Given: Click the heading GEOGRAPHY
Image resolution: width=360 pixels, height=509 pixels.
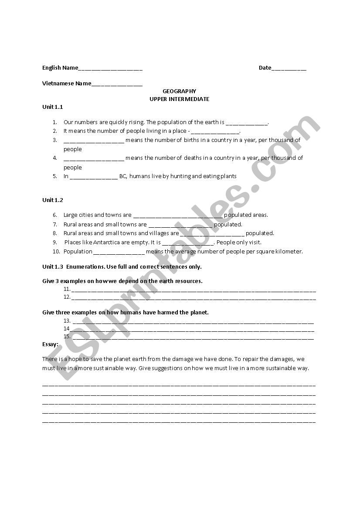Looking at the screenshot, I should (179, 91).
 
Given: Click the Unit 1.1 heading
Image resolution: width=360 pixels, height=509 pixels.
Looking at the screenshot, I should (53, 107).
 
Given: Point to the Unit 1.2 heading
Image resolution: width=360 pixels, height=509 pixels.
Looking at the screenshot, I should (53, 200).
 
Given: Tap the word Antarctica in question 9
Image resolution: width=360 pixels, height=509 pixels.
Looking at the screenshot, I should (108, 242).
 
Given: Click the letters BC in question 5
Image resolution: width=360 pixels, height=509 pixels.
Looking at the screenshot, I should (122, 176).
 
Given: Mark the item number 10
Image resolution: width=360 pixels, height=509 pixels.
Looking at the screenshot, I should (56, 251).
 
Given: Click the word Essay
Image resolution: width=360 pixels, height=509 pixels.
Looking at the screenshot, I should (50, 344).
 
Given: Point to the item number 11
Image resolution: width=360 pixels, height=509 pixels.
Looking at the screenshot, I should (67, 289).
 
